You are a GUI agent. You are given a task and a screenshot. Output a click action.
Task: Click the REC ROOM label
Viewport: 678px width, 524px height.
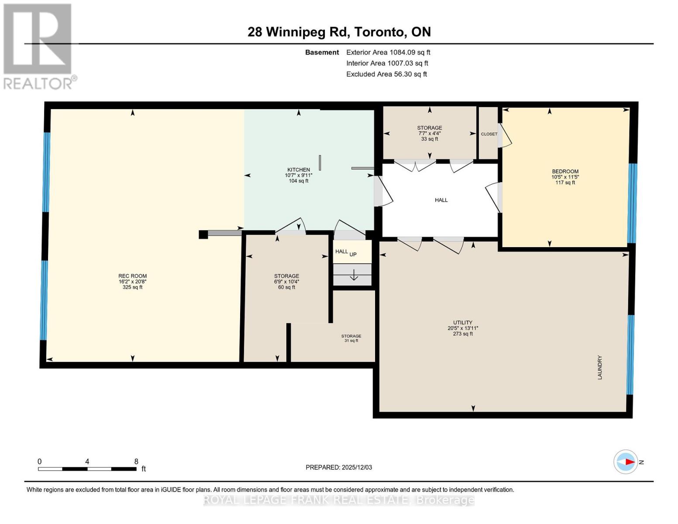(132, 276)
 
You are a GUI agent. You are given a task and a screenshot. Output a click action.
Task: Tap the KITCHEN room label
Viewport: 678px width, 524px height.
(299, 170)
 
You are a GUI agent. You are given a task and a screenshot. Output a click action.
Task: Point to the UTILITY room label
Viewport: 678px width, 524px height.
(463, 323)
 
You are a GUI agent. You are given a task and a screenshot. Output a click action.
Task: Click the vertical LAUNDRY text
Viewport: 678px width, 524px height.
(600, 367)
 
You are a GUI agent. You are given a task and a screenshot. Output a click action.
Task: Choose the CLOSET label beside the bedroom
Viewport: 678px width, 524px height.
(489, 134)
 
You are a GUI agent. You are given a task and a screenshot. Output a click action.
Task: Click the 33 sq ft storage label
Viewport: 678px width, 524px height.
(430, 139)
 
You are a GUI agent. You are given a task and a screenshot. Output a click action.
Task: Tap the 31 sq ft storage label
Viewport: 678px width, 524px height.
(351, 341)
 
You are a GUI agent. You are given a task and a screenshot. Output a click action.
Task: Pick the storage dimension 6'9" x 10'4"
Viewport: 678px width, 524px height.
(286, 282)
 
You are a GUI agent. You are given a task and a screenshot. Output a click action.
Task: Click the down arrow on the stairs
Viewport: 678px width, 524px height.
(354, 276)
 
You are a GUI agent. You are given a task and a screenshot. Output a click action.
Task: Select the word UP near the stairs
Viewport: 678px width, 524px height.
(353, 254)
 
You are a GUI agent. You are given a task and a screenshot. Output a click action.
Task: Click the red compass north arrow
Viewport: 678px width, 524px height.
(629, 462)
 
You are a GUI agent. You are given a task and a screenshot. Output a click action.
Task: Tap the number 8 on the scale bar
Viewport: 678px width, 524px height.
(136, 462)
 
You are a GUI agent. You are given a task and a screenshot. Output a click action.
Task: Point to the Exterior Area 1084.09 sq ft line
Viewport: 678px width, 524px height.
(388, 52)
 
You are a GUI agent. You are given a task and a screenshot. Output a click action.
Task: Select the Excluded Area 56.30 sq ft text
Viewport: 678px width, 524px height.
(386, 74)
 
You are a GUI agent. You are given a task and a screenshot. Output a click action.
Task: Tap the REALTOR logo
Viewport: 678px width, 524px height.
(38, 46)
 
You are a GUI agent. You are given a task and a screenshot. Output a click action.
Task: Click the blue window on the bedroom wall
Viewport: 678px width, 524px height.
(632, 203)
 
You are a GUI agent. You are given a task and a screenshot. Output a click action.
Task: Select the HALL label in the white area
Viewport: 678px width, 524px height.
(441, 200)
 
